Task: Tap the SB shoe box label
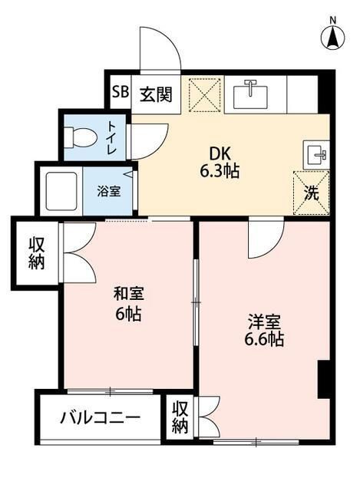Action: point(121,93)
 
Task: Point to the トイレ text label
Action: point(112,138)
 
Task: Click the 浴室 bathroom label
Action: point(107,191)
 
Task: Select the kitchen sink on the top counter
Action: point(249,94)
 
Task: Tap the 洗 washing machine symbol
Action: point(311,192)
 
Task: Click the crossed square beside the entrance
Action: point(203,96)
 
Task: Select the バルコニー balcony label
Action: point(101,420)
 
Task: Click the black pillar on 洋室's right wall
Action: point(324,379)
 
